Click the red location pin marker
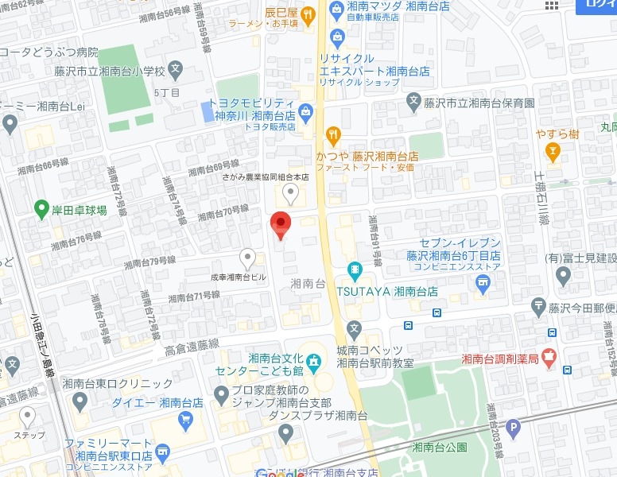coord(281,223)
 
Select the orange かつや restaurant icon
coord(333,134)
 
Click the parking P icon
coord(514,430)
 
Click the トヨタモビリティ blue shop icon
coord(306,110)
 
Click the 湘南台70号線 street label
coord(223,212)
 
